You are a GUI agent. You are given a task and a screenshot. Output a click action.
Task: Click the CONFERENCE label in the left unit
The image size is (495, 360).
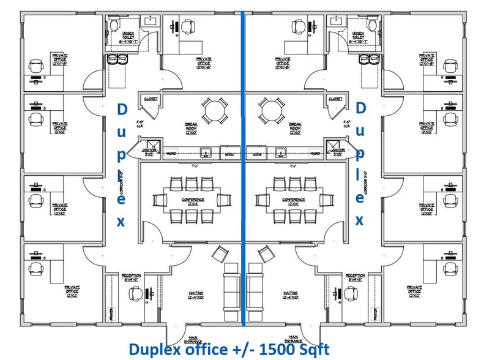(192, 200)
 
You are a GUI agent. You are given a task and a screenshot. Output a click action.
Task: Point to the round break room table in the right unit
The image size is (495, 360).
(272, 111)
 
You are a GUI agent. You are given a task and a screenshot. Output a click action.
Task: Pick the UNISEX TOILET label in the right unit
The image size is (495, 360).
(357, 37)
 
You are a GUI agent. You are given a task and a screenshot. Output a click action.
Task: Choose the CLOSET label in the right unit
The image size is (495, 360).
(335, 98)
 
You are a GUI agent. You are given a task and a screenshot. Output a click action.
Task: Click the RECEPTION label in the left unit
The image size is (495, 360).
(132, 277)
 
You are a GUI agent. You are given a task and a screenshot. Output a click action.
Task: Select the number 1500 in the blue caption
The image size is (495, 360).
(279, 350)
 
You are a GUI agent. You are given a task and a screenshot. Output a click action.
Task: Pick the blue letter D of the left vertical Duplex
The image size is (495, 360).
(121, 110)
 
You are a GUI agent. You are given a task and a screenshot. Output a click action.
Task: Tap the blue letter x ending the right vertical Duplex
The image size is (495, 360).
(361, 220)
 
